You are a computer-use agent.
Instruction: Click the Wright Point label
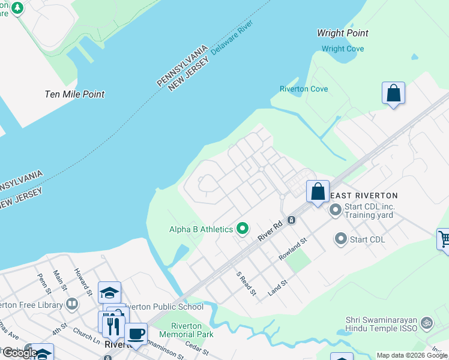click(x=342, y=34)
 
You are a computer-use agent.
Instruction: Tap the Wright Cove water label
click(x=342, y=49)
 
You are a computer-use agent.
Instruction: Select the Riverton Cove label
click(x=304, y=89)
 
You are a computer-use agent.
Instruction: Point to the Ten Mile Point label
click(x=74, y=94)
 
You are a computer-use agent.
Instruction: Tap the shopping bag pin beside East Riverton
click(x=318, y=192)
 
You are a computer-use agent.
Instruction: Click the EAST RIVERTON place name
click(x=364, y=196)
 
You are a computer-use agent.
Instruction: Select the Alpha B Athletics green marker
click(x=243, y=229)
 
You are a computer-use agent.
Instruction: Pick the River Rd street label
click(x=270, y=229)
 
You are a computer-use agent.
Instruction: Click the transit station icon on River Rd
click(x=291, y=220)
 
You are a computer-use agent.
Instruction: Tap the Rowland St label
click(x=293, y=249)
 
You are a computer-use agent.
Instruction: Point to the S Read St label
click(x=246, y=284)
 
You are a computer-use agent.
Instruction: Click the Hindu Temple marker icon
click(x=427, y=322)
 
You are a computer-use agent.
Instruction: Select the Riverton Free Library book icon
click(x=72, y=304)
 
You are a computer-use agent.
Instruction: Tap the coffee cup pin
click(x=136, y=334)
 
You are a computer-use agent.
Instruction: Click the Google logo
click(x=19, y=353)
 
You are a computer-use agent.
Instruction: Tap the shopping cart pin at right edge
click(x=444, y=239)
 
